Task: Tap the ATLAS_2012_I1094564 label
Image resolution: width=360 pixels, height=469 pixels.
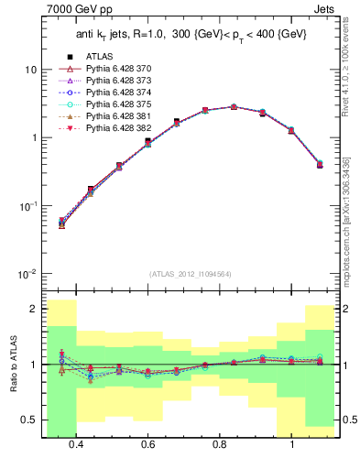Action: (x=190, y=274)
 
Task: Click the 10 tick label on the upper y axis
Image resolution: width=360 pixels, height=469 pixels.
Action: (x=30, y=70)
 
